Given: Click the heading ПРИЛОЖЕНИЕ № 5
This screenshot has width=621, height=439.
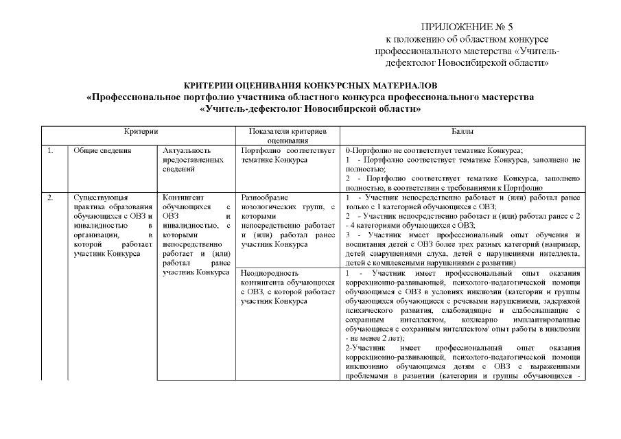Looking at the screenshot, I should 467,27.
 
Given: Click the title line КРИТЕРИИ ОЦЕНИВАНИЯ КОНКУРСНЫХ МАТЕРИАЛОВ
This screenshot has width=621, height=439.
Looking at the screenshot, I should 310,87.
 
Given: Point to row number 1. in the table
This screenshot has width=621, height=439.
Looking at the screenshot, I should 51,150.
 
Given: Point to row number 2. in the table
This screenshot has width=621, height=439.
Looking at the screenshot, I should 51,198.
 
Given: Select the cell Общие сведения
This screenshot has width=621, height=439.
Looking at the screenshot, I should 102,150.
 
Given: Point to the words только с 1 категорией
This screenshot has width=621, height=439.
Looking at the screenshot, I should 384,206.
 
